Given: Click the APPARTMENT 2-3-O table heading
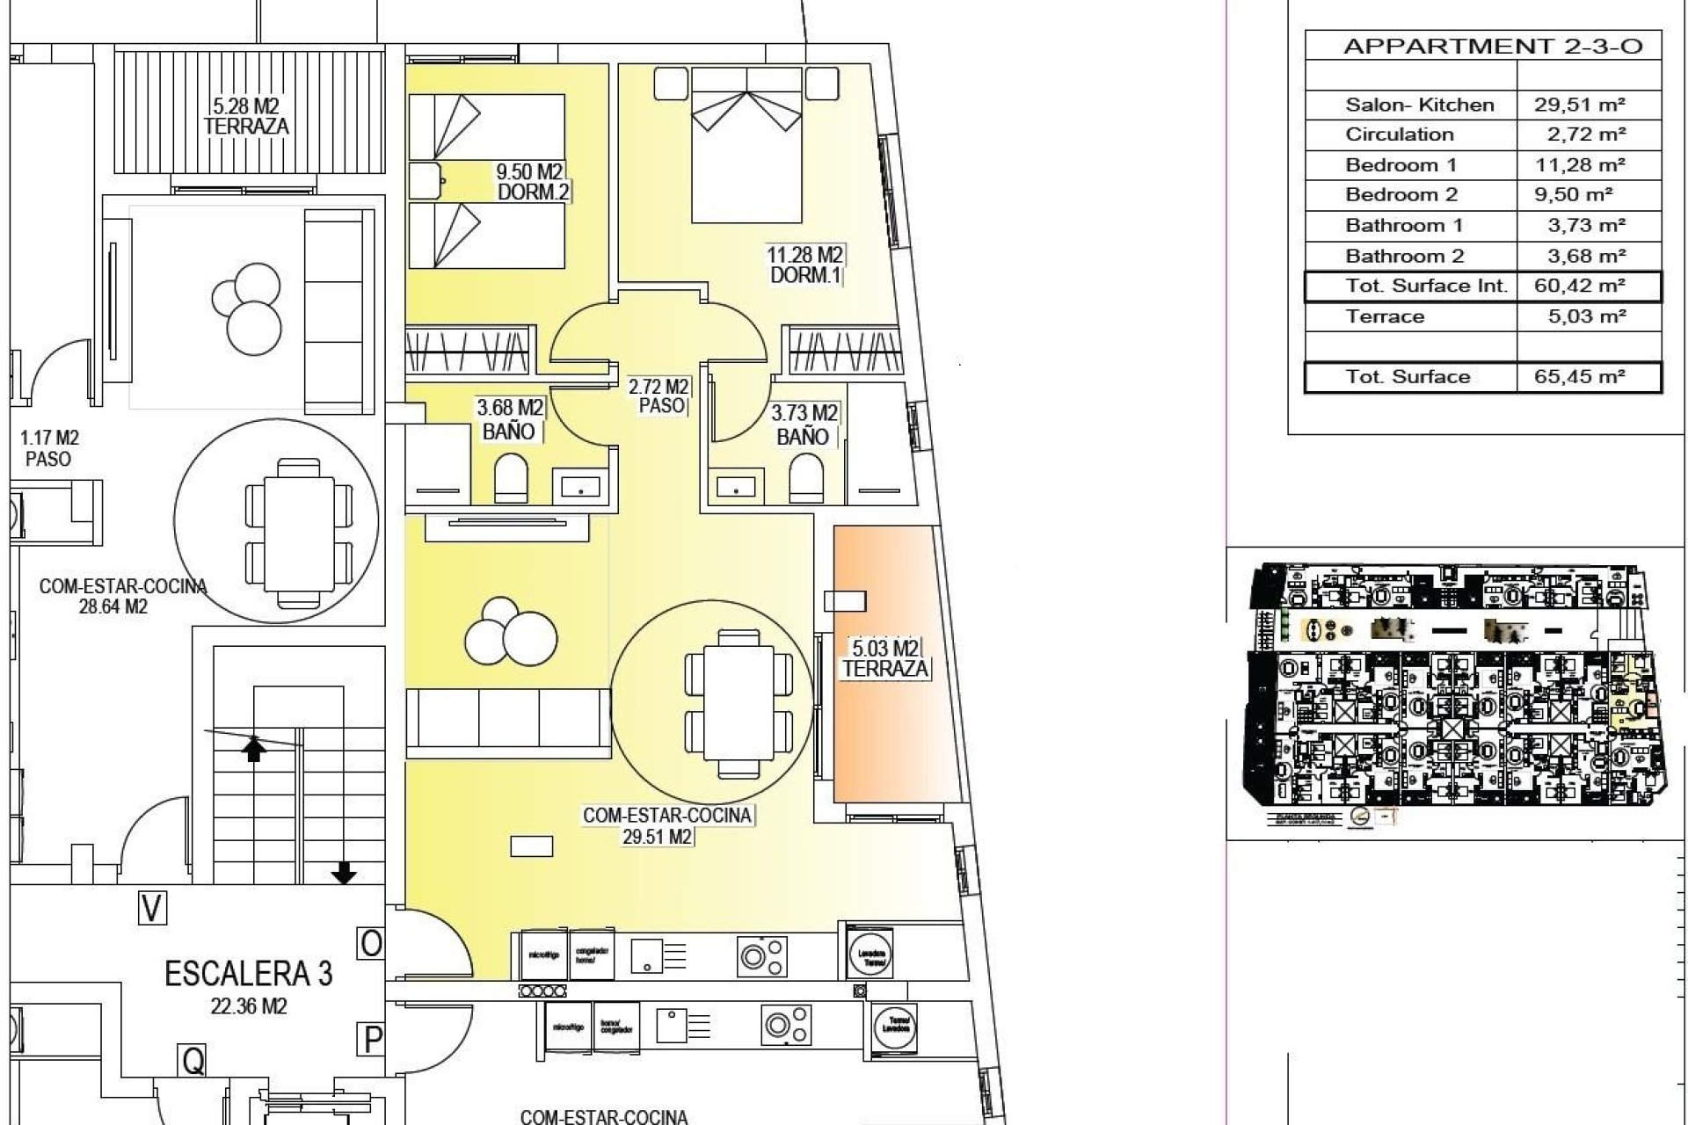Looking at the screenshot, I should [1492, 47].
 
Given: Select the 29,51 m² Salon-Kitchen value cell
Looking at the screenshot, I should [1580, 105].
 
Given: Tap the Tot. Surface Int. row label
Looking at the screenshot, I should [1426, 286].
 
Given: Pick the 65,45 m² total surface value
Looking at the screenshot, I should [1580, 376].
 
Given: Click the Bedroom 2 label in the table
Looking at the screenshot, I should [1401, 195].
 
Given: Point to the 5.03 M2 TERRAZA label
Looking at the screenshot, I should [885, 658].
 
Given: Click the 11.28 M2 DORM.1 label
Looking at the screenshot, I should [805, 265].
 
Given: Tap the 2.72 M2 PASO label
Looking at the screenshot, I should [658, 396].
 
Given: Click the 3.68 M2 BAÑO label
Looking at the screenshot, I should [509, 419].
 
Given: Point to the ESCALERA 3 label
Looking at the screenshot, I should [249, 973].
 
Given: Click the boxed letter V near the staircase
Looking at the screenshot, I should [152, 908].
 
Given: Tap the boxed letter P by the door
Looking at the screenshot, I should [372, 1040].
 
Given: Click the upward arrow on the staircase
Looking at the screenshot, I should [254, 749].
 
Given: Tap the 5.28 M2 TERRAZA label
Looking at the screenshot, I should [246, 116].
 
